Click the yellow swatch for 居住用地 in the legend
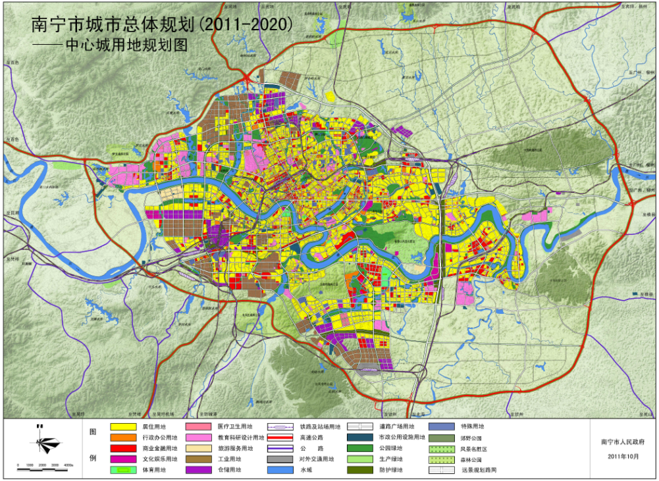coord(123,427)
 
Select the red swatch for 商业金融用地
coord(123,449)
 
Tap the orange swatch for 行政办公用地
coord(123,438)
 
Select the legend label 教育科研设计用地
coord(240,438)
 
